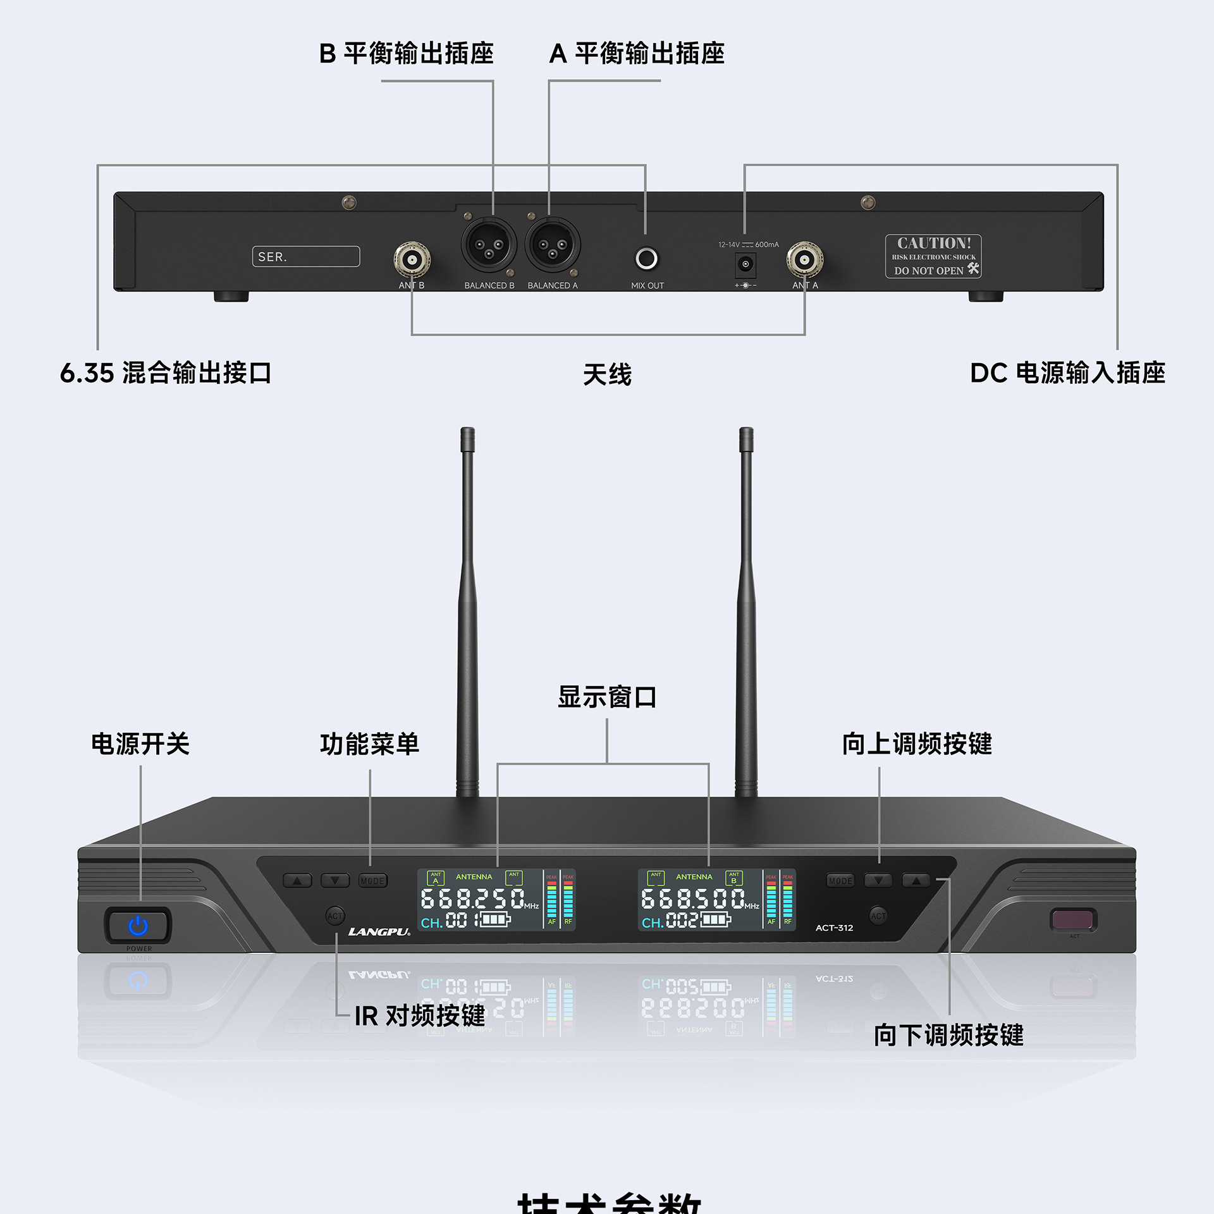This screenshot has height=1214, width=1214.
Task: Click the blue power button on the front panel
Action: click(138, 926)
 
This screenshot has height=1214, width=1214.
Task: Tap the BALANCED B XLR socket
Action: click(489, 245)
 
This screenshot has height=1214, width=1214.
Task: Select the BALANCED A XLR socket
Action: click(552, 245)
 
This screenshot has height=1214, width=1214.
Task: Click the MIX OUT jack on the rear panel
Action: click(646, 258)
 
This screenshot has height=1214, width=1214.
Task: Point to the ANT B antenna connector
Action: click(412, 259)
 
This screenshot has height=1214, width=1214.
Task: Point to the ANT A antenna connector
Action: click(804, 259)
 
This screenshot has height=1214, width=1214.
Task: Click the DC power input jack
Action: click(745, 264)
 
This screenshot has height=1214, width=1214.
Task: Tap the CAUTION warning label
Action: click(933, 256)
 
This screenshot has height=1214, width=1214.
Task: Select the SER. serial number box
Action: click(306, 257)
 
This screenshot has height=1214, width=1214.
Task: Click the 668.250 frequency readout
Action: click(472, 898)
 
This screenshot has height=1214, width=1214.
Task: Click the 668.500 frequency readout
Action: click(693, 898)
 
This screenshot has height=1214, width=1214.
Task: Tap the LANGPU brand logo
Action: click(379, 932)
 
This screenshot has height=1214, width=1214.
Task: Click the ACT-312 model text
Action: click(834, 928)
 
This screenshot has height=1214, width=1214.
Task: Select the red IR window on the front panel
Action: click(1072, 919)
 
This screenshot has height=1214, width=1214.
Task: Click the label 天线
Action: click(607, 374)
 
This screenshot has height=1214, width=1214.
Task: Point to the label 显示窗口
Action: click(607, 697)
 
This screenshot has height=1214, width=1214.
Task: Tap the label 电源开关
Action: click(140, 744)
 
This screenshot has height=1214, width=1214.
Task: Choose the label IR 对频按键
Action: click(420, 1015)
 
